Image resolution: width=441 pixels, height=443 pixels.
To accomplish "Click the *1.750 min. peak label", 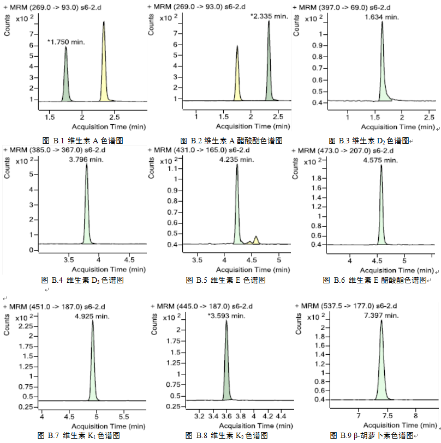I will [66, 41].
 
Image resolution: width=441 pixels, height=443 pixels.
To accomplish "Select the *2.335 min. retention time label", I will [269, 16].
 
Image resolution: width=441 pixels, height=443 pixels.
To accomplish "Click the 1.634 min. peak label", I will [382, 17].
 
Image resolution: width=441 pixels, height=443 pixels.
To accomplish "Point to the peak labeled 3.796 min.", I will [86, 207].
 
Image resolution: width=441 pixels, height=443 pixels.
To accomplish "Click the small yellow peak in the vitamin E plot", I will [256, 240].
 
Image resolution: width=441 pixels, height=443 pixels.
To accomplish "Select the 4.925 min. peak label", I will [92, 315].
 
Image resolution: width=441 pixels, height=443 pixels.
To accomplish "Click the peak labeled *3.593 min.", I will [226, 371].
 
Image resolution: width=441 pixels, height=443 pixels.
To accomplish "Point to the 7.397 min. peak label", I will [381, 315].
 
